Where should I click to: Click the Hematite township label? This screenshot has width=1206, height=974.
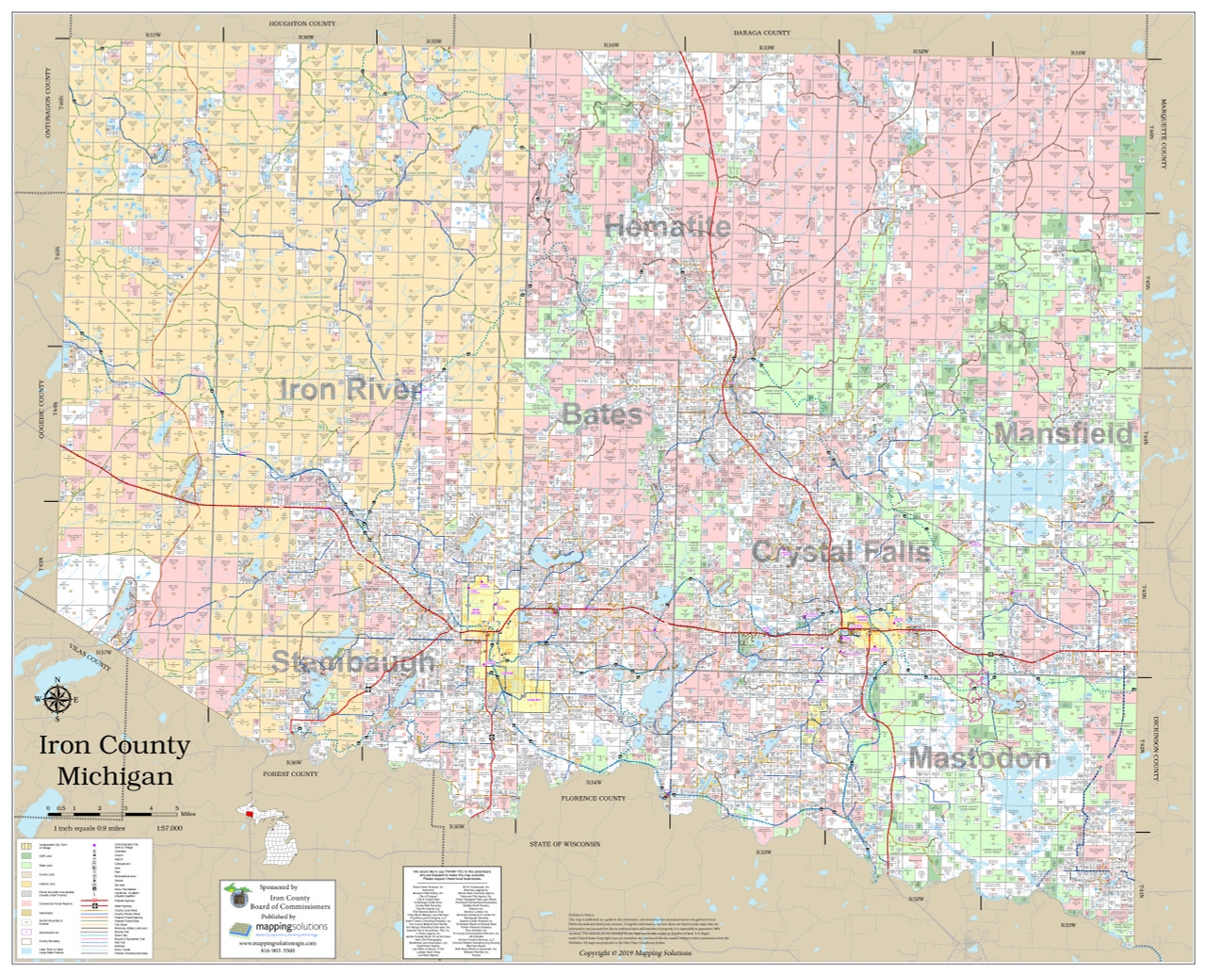(x=667, y=227)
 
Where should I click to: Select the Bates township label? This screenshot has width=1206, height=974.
(x=602, y=414)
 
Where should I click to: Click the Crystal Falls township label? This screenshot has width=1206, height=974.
(x=840, y=552)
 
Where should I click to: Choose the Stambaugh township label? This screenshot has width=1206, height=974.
(x=353, y=662)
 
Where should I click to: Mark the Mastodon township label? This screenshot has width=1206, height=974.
(x=966, y=758)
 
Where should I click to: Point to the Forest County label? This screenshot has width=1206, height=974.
(x=292, y=773)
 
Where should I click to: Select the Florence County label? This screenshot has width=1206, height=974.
(x=594, y=798)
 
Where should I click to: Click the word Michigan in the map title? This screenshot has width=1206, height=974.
(x=115, y=777)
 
